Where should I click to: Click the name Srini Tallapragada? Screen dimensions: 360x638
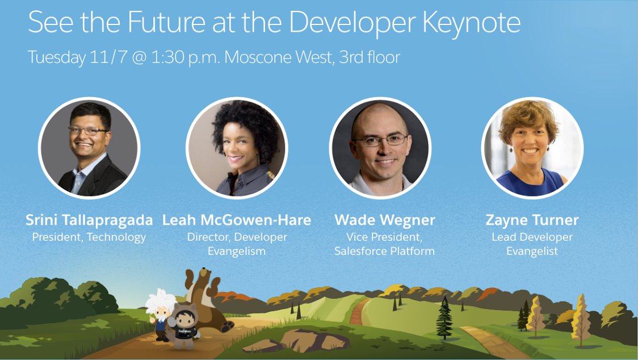click(89, 220)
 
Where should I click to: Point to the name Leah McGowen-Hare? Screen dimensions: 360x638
click(237, 220)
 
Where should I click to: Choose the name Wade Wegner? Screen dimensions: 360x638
click(385, 220)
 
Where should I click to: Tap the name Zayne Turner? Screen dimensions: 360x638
click(532, 220)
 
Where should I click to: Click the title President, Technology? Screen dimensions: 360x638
click(89, 237)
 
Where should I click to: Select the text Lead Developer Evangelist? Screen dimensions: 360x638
click(532, 244)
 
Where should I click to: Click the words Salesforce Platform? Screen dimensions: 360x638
click(385, 250)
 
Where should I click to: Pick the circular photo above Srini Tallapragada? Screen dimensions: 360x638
click(89, 148)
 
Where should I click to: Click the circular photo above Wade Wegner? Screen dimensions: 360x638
click(380, 148)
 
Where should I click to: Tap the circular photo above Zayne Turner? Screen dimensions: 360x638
click(532, 148)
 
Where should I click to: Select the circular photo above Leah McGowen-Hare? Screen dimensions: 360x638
click(237, 148)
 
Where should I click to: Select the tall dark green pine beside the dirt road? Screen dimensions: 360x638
click(444, 318)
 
